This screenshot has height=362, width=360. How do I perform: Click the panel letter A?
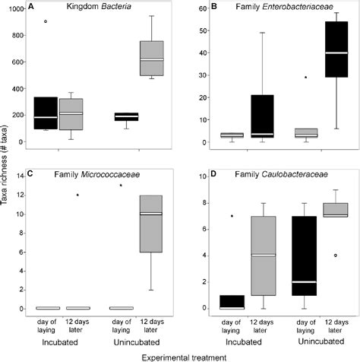(30, 7)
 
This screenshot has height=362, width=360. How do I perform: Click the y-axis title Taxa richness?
(7, 179)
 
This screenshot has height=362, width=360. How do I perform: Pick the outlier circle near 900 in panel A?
(46, 21)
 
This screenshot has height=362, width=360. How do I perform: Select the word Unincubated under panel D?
(319, 341)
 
